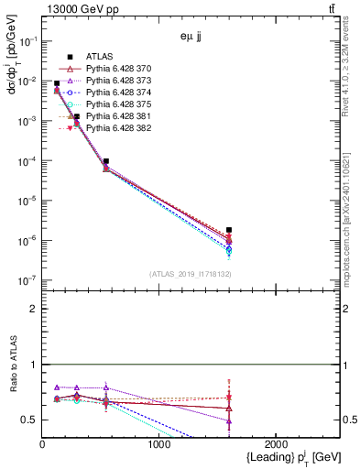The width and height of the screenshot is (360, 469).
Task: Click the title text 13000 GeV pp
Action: [x=82, y=10]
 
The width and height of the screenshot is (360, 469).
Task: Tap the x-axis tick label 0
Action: [x=42, y=444]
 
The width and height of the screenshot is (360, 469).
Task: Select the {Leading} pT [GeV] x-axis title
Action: [x=289, y=457]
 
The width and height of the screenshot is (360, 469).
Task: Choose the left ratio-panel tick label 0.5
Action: [x=29, y=420]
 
